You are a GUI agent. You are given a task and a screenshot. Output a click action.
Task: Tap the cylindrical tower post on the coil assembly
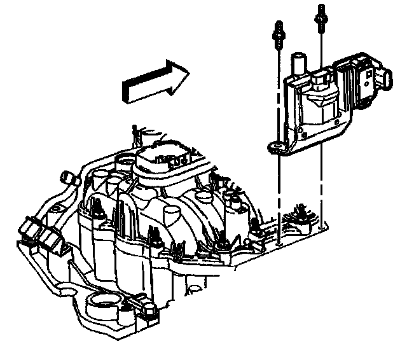click(296, 66)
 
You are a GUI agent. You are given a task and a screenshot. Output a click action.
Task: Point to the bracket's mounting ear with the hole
click(275, 148)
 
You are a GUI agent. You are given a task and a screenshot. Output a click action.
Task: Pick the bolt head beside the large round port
click(149, 311)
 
